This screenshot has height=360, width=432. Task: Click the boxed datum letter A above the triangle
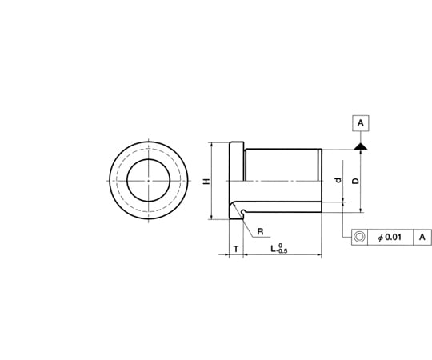pos(360,123)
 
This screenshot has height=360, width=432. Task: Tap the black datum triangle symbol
pos(360,146)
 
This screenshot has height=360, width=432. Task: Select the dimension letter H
pos(206,182)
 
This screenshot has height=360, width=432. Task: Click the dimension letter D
pos(356,181)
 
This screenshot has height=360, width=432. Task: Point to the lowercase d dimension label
pos(338,180)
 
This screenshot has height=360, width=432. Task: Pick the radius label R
pos(260,232)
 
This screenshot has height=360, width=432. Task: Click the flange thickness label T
pos(236,249)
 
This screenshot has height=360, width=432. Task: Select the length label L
pos(273,249)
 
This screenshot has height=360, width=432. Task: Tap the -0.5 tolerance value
pos(282,251)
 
